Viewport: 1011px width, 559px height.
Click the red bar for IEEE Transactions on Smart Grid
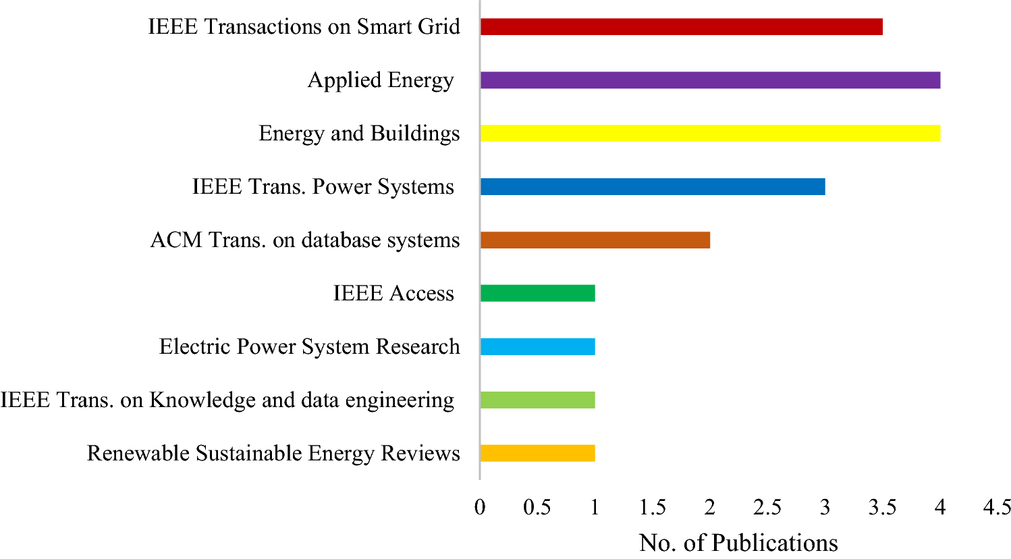(681, 27)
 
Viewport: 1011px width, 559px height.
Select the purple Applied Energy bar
(710, 80)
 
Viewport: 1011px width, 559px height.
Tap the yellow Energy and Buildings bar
(710, 134)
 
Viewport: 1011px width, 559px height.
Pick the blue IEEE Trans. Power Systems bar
(653, 187)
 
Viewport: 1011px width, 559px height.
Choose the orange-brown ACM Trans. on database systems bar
(595, 240)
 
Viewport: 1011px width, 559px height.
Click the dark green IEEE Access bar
(537, 294)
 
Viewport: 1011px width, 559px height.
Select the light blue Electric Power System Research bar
(537, 347)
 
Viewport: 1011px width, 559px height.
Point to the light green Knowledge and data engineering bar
(537, 400)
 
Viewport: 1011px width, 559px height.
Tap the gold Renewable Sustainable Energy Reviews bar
(537, 453)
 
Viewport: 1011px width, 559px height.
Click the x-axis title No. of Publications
(738, 543)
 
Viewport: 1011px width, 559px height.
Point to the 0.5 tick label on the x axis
(537, 508)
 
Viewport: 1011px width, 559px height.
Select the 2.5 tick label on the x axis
(767, 508)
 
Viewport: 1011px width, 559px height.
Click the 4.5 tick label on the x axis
(997, 508)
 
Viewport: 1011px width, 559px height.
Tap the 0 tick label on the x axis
(480, 508)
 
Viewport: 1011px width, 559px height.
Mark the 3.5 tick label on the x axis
(882, 508)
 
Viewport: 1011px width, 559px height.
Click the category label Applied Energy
(381, 80)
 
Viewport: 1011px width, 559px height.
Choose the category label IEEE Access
(393, 294)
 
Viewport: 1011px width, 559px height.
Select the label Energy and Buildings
(359, 134)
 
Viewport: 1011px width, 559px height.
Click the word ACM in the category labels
(175, 240)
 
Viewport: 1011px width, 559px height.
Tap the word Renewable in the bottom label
(139, 453)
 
